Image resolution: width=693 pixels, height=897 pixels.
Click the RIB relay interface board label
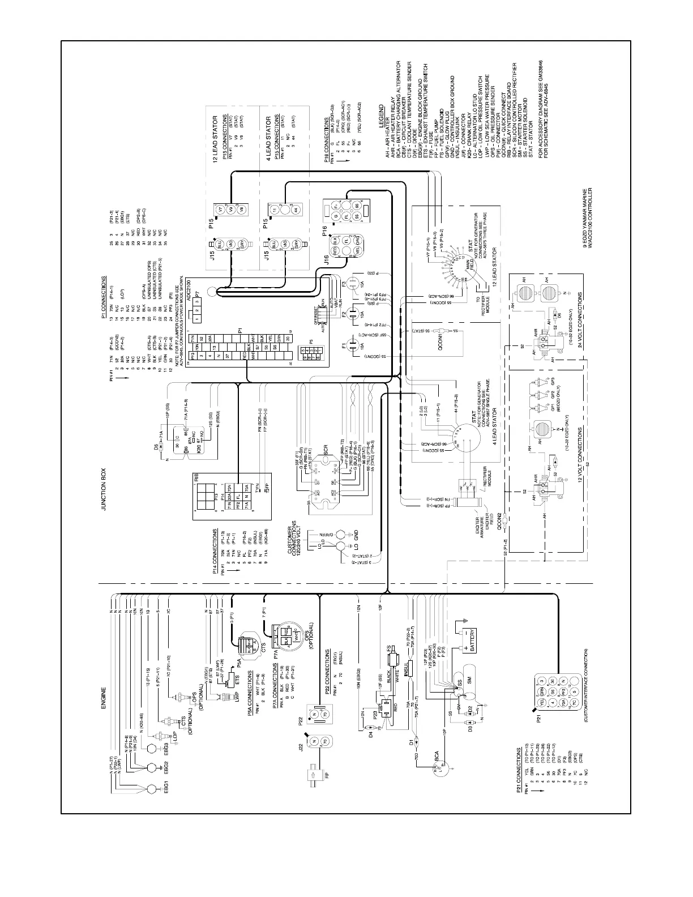click(196, 477)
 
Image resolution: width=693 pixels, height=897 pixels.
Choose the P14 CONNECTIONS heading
click(215, 552)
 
